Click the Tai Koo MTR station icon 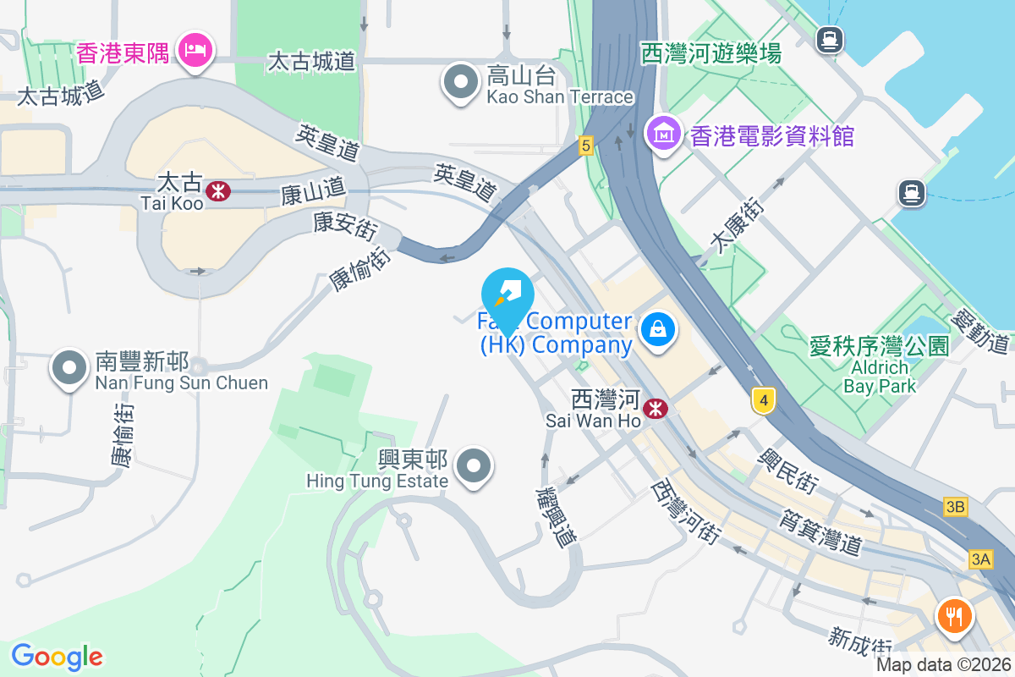point(217,190)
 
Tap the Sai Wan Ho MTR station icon point(655,409)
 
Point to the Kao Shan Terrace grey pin point(461,83)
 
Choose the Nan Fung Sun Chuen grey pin point(69,368)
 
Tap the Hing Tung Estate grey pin point(473,465)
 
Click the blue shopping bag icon point(656,330)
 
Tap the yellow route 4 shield point(763,401)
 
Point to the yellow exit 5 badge point(585,146)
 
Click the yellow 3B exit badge point(956,507)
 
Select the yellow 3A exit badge point(980,559)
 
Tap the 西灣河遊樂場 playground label point(710,54)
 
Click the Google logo point(57,657)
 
